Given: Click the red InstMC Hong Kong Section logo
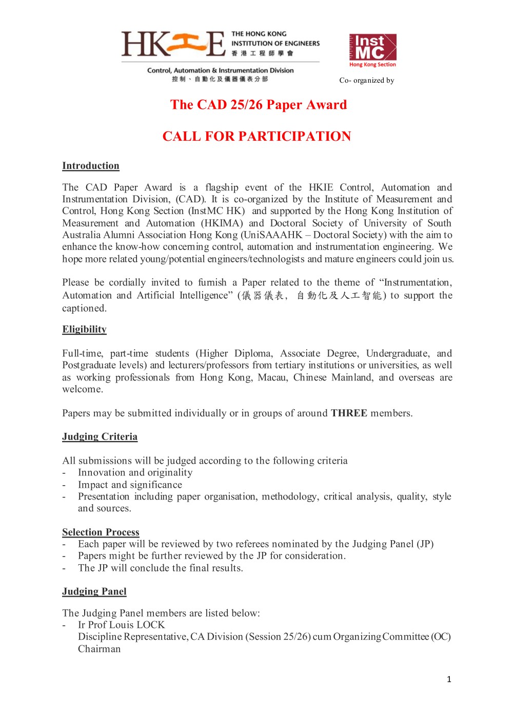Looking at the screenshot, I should (373, 50).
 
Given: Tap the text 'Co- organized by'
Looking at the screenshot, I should (366, 80).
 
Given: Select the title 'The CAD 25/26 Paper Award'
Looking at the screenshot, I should (259, 105).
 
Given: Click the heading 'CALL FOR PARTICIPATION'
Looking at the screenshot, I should (256, 137).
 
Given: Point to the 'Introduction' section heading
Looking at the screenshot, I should (91, 166).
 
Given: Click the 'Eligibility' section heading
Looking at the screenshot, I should (84, 330).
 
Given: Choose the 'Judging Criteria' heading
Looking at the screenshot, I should (100, 437).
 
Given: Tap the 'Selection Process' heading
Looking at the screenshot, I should (101, 532).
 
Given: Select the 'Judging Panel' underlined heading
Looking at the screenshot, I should (94, 591).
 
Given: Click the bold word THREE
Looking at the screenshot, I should (349, 413).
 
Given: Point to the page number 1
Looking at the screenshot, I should (449, 679).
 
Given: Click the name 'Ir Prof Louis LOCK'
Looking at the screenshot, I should (121, 625).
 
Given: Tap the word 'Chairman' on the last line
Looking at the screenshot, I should (100, 649).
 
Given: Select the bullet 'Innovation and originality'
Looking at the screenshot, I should (135, 472).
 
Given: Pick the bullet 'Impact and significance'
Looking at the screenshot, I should (130, 485).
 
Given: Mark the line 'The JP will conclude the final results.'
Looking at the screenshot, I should (161, 568).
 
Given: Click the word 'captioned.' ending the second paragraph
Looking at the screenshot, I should (85, 308).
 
